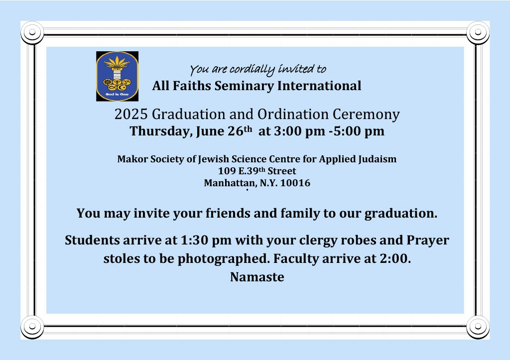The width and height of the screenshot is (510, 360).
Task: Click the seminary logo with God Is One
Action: (117, 76)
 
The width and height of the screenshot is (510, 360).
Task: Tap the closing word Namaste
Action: (257, 277)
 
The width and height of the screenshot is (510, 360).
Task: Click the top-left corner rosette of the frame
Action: (32, 32)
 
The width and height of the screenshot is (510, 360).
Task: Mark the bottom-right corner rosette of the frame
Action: (478, 326)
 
